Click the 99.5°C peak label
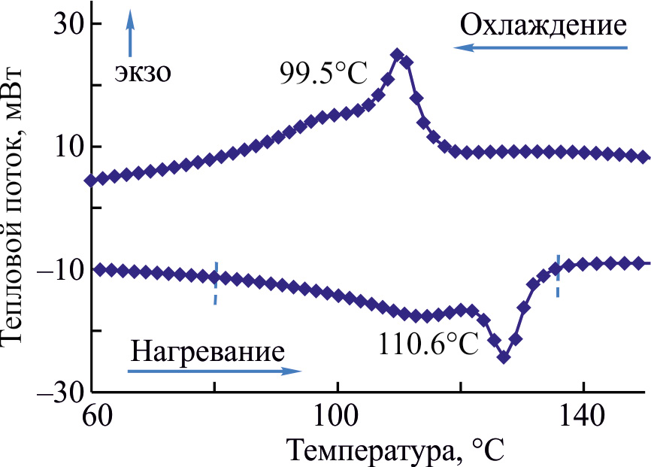(323, 74)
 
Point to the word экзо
(144, 72)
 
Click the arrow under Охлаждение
(539, 48)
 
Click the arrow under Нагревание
(214, 371)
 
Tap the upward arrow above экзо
(130, 33)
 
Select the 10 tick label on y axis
(67, 147)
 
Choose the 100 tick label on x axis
(338, 415)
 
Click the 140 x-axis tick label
(583, 415)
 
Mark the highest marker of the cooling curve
(397, 55)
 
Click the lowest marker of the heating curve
(504, 357)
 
